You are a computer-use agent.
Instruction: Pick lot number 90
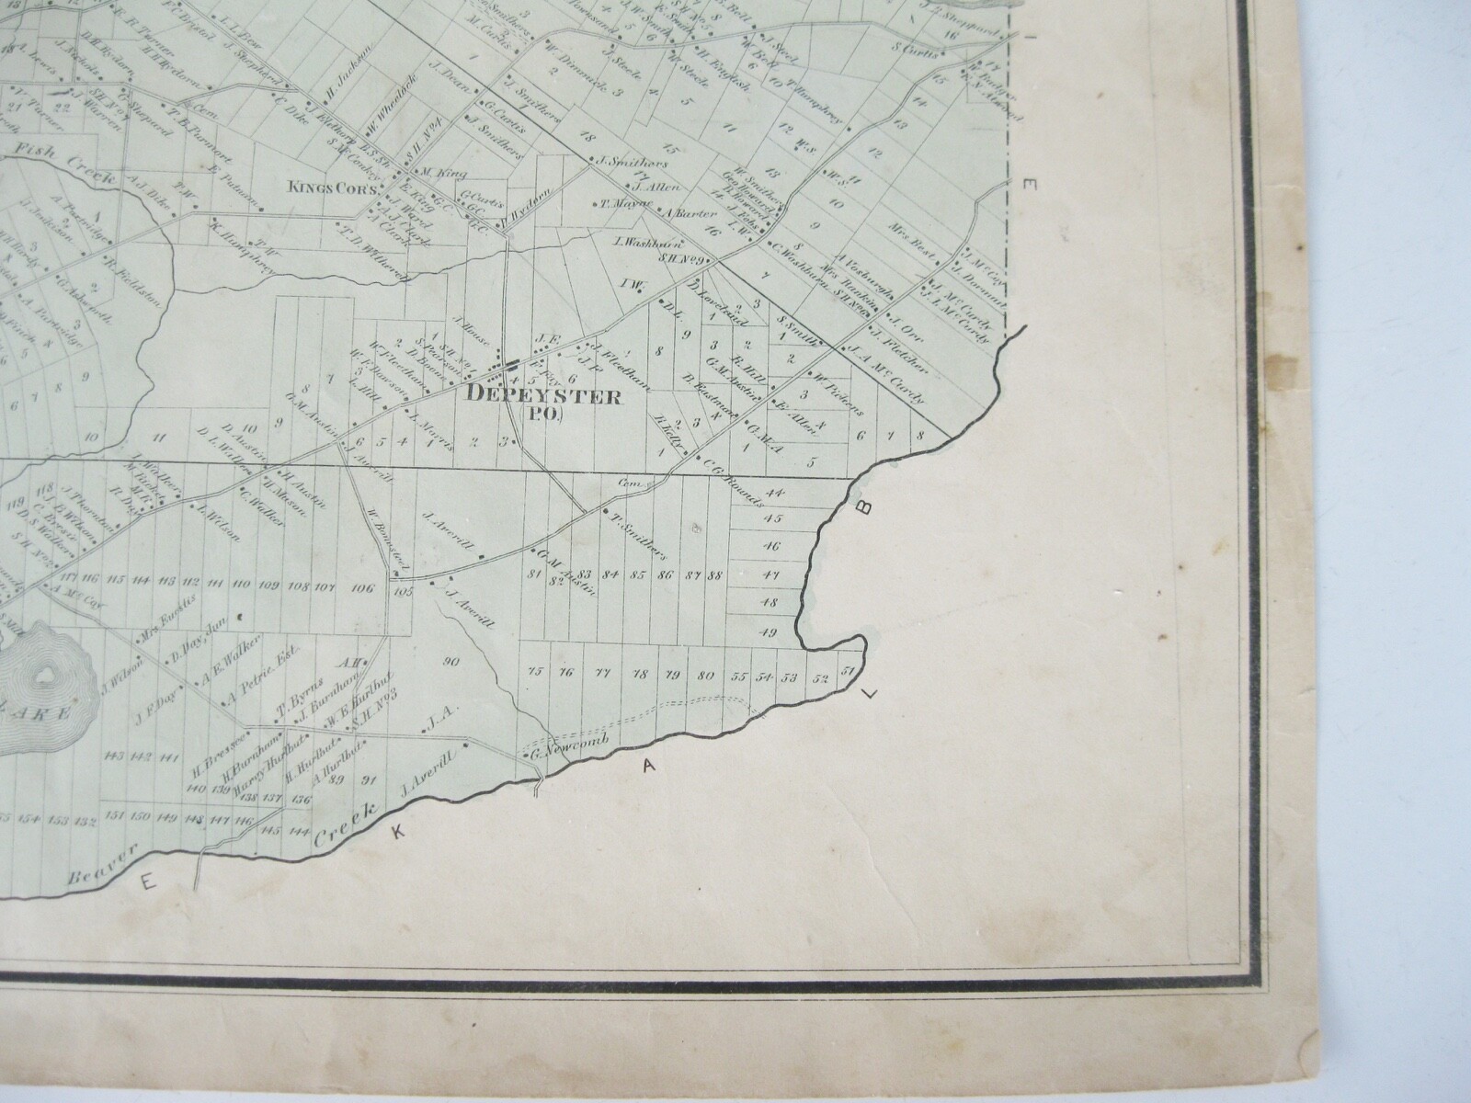coord(450,661)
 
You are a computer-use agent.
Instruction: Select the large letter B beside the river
coord(865,506)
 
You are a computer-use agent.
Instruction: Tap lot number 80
coord(706,676)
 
